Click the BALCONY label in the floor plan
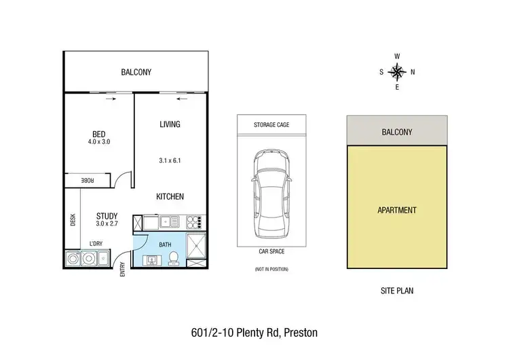pos(136,71)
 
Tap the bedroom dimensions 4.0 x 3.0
pos(98,142)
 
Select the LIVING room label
pos(170,124)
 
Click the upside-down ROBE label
pos(88,181)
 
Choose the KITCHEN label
pos(170,196)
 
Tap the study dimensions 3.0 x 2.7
pos(107,222)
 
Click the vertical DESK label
pos(73,220)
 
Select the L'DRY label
pos(97,242)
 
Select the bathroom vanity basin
pos(151,259)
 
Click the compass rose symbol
pos(397,71)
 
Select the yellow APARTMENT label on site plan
pos(396,211)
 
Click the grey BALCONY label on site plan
pos(396,131)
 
